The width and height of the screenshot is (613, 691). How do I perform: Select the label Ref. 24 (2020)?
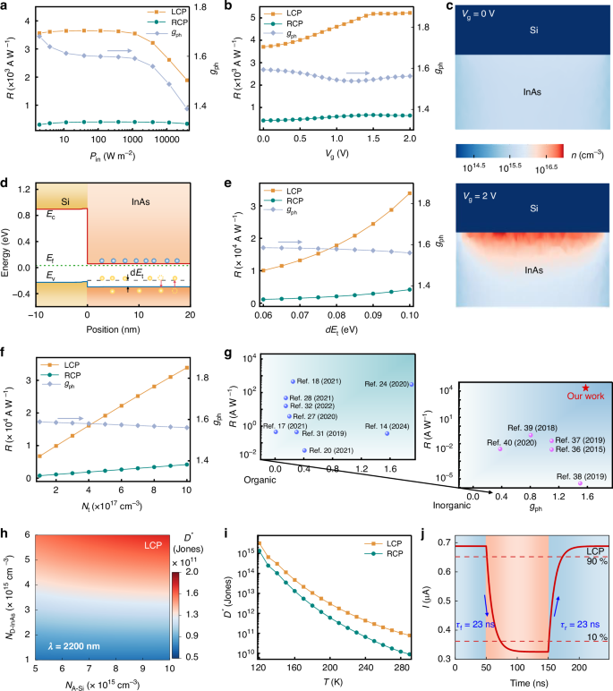coord(387,384)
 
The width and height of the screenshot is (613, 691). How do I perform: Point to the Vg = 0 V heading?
coord(489,11)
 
